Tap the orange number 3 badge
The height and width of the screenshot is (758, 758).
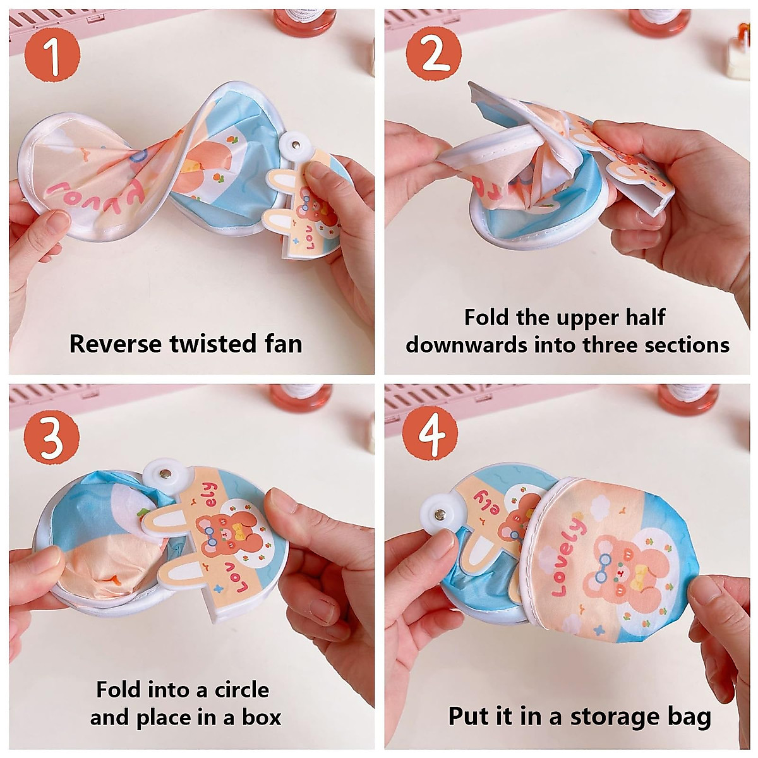click(52, 435)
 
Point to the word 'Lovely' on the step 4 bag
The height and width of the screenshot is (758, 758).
click(568, 556)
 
